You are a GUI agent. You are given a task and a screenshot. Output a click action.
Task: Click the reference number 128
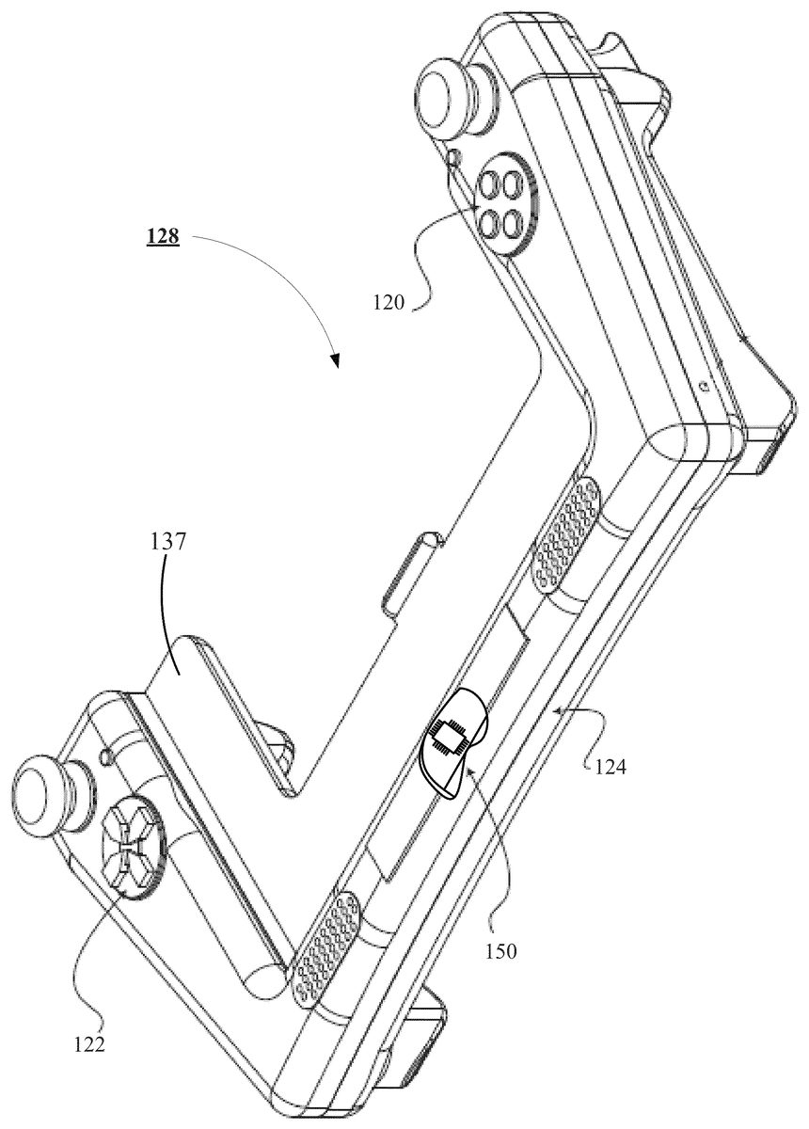163,236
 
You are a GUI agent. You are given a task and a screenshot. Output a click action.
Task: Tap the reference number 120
389,303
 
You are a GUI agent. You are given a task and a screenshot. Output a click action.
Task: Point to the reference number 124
611,767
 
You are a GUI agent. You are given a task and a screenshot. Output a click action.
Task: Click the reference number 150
500,951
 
